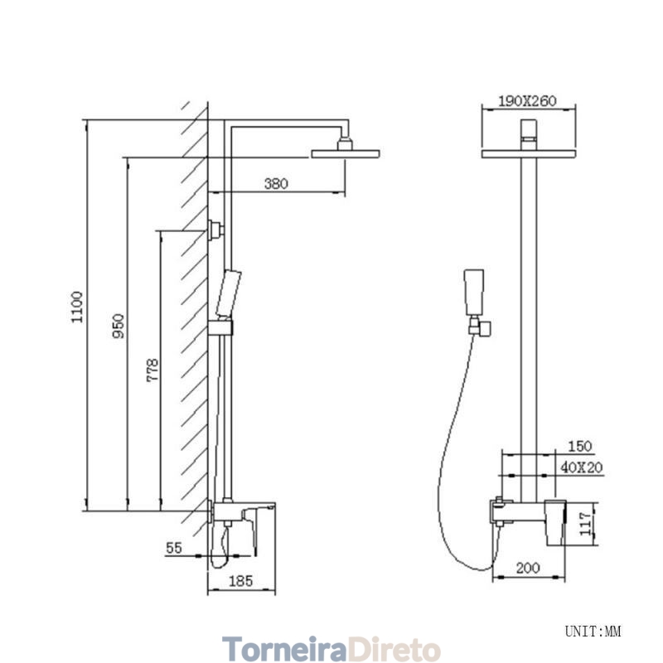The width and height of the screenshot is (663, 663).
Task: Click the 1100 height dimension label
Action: (77, 307)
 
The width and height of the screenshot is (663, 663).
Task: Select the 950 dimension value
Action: (119, 326)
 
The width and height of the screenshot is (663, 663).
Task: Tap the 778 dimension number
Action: (152, 370)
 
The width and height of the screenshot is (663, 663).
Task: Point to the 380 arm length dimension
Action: (276, 183)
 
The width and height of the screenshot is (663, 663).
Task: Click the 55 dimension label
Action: (174, 548)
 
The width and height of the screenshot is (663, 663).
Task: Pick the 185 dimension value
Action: (240, 581)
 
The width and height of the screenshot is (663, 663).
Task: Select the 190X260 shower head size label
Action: (527, 101)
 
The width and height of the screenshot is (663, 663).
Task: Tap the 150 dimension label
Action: (579, 446)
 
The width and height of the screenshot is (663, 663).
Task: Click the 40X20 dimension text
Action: (582, 467)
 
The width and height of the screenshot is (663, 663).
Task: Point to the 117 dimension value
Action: (585, 524)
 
